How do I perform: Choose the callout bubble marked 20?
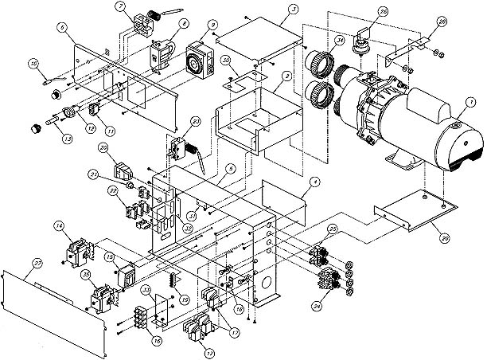click(104, 147)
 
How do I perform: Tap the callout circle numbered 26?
click(361, 12)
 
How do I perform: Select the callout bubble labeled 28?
click(442, 21)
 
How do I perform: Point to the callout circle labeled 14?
click(60, 227)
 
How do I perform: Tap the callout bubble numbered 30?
click(226, 60)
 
